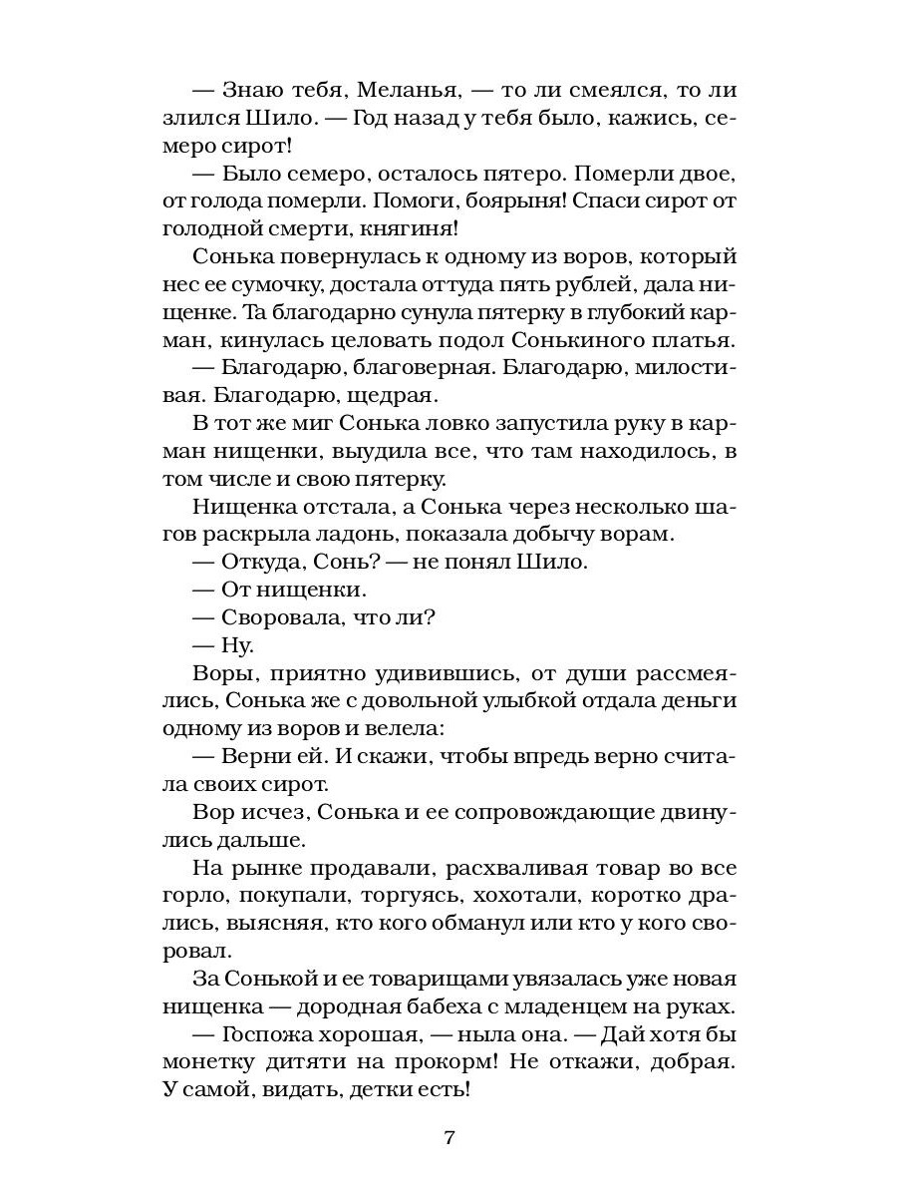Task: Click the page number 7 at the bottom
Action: (448, 1137)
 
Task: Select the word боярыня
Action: (563, 200)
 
